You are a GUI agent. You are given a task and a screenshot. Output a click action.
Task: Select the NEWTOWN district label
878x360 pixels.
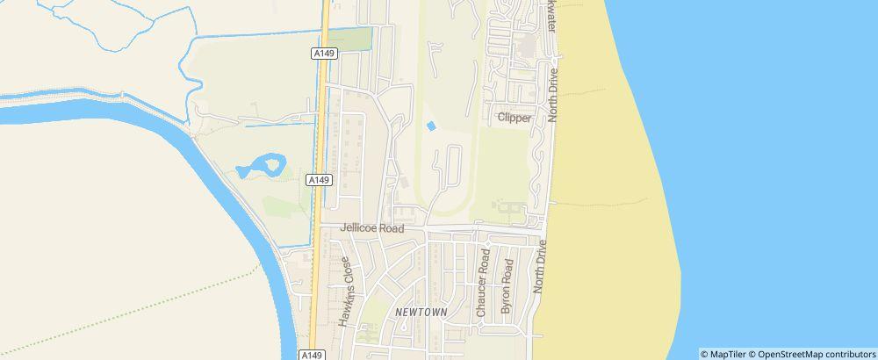click(421, 312)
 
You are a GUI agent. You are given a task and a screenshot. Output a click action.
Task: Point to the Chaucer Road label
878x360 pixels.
click(482, 282)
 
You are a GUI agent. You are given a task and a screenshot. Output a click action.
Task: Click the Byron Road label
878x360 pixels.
click(506, 286)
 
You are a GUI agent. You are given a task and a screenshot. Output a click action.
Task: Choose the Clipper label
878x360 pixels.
click(515, 118)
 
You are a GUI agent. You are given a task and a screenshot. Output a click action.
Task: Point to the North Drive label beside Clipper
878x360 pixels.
click(553, 96)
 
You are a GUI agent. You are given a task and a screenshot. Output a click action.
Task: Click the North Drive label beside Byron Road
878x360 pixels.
click(541, 268)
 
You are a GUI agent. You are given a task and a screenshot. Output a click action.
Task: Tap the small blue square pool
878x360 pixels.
click(431, 126)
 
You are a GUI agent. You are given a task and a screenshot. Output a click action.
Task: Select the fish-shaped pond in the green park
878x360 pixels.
click(262, 164)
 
